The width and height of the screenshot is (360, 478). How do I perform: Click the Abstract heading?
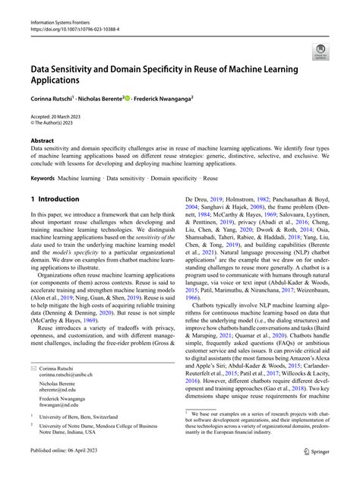43,140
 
